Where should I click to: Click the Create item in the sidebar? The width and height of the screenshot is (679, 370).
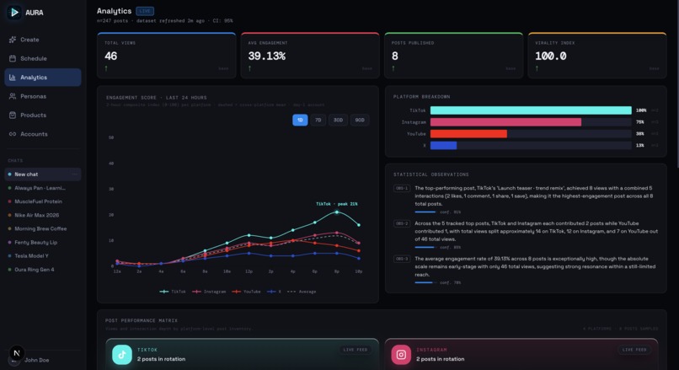pos(29,40)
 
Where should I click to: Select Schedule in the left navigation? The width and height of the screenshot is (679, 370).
pos(33,58)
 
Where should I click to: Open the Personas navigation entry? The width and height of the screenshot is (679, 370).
pos(33,96)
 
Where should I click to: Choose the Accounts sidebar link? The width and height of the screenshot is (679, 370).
pos(34,134)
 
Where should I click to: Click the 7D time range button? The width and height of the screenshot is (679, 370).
pos(318,121)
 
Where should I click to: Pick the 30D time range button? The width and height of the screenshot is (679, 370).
pos(338,121)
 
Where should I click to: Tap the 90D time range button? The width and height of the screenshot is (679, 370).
pos(360,121)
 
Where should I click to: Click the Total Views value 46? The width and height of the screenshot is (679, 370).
pos(111,56)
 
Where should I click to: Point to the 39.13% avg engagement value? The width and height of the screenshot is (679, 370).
pos(267,56)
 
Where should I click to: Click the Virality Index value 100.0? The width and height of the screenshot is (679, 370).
pos(551,56)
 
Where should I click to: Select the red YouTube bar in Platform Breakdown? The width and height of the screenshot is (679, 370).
pos(468,133)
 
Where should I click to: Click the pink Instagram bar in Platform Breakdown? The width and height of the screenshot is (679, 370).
pos(505,122)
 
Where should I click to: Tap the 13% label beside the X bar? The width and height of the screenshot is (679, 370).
pos(640,145)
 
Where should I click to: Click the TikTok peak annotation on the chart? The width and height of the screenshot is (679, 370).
pos(336,203)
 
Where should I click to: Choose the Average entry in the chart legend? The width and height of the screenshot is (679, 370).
pos(304,292)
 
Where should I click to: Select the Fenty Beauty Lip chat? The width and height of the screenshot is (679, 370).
pos(35,242)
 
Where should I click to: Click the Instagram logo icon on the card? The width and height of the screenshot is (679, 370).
pos(401,355)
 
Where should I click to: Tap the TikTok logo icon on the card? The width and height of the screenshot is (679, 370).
pos(122,355)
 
